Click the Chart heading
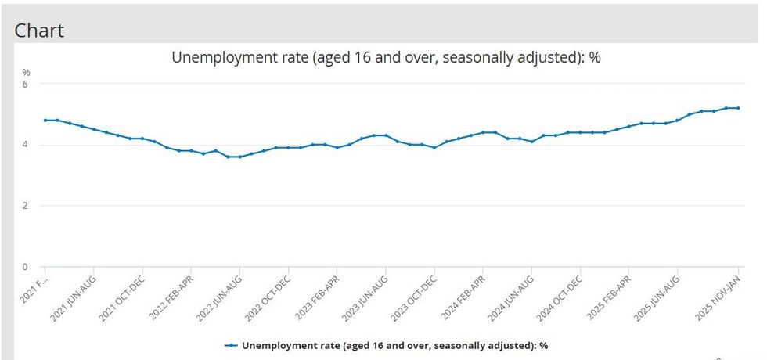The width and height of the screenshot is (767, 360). (39, 31)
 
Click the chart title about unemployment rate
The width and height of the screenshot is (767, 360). (386, 57)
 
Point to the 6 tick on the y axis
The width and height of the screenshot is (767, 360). (24, 84)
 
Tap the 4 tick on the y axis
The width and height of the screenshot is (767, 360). (24, 145)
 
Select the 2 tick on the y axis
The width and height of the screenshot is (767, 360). (24, 206)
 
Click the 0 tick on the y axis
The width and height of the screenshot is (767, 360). (24, 267)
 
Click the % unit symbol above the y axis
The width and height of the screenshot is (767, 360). (25, 72)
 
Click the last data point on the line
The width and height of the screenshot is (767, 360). (738, 108)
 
